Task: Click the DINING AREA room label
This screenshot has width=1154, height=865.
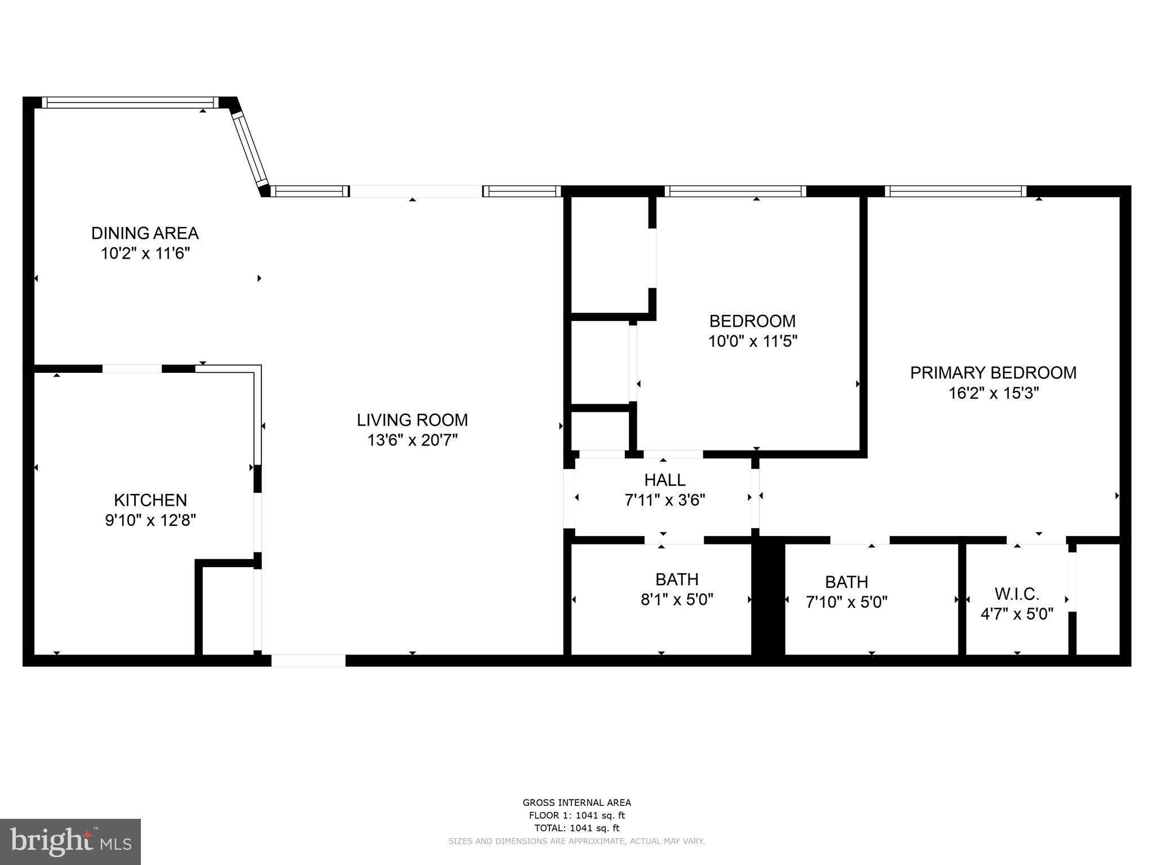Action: point(145,233)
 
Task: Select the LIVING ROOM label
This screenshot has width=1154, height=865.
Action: point(412,420)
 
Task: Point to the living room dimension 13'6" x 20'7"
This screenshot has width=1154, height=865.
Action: point(412,440)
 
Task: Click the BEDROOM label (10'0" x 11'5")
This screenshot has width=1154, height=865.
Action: point(752,321)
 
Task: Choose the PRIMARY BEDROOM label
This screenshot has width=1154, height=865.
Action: point(993,373)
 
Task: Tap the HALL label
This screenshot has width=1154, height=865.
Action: point(665,480)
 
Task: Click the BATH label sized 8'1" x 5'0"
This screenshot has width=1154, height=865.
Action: point(677,579)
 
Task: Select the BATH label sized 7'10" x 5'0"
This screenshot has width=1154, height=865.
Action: point(846,582)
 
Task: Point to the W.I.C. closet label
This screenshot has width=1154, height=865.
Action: point(1017,594)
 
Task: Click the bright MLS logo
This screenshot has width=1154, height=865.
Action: point(70,842)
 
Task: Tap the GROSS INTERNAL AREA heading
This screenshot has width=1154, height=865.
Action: point(576,803)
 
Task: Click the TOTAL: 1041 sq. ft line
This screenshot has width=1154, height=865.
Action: point(576,828)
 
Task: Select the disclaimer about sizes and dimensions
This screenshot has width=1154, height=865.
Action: point(576,841)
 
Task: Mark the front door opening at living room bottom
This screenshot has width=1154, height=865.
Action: point(308,661)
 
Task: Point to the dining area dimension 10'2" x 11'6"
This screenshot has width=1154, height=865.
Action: point(145,253)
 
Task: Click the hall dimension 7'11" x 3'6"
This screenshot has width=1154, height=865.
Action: point(665,500)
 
